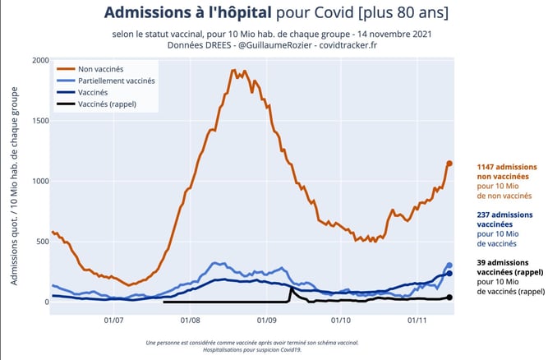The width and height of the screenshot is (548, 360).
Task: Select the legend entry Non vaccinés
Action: tap(100, 68)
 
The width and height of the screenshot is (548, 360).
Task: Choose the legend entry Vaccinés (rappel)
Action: tap(107, 104)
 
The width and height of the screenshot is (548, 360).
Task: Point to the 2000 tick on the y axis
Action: tap(38, 60)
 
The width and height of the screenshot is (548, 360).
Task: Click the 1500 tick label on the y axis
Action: tap(38, 121)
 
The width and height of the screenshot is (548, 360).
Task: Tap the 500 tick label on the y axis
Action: tap(40, 242)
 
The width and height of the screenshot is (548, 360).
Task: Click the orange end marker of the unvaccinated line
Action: tap(449, 164)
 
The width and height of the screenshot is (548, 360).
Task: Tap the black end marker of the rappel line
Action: tap(449, 297)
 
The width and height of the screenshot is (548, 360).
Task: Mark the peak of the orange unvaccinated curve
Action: tap(234, 71)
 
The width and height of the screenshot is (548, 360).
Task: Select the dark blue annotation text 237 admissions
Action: tap(503, 215)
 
